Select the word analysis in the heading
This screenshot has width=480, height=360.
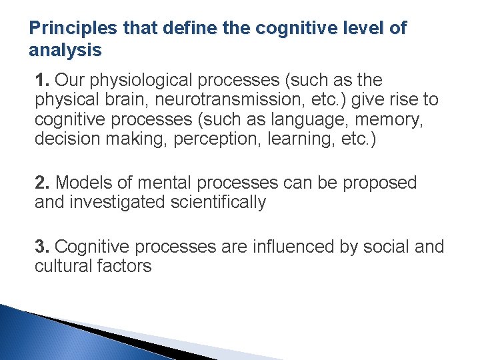tap(65, 50)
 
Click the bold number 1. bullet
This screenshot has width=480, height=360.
tap(43, 81)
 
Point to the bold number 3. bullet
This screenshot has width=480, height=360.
tap(43, 247)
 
